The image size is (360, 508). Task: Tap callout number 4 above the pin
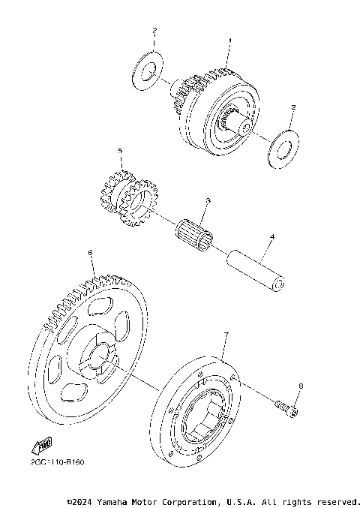pos(272,237)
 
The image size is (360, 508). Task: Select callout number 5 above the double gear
pos(119,152)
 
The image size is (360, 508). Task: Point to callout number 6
pos(91,254)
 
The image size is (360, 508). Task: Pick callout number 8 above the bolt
pos(301,386)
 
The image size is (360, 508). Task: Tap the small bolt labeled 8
pos(286,407)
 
